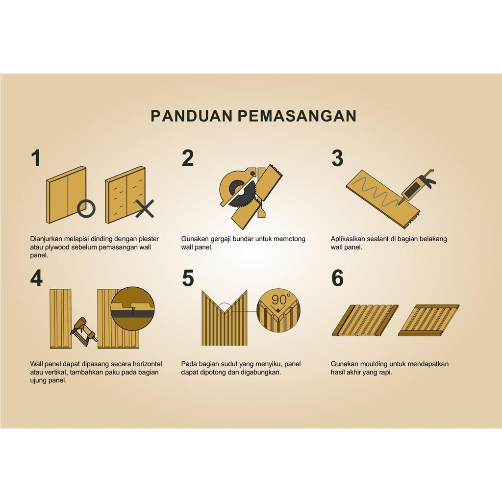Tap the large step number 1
pos(36,158)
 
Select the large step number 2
pos(188,158)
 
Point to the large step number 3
pos(337,158)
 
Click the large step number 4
pos(36,278)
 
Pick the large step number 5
pos(188,278)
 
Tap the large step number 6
pos(337,278)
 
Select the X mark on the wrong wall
pos(145,209)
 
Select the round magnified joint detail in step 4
pos(132,308)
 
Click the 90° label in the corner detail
pos(281,300)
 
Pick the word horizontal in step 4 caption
pos(147,364)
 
